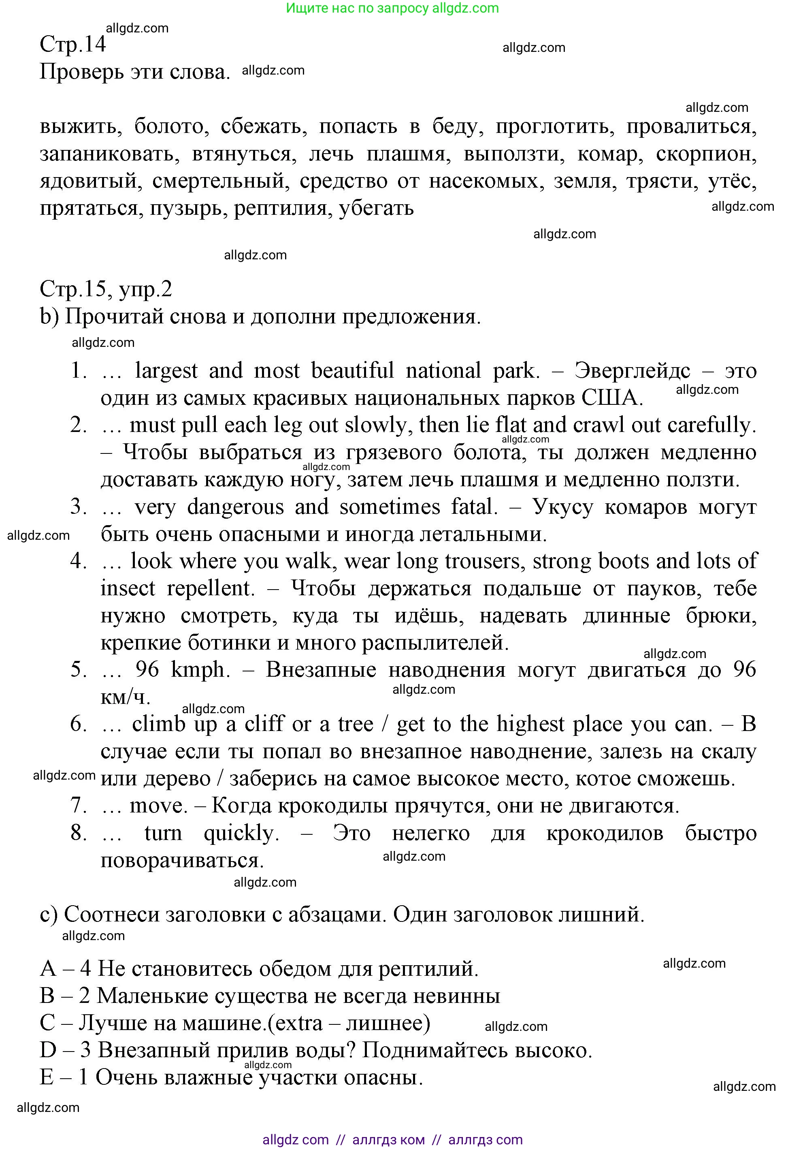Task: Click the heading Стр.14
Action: pyautogui.click(x=73, y=45)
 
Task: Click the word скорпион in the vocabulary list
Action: pyautogui.click(x=706, y=154)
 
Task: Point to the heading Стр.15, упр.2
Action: pyautogui.click(x=106, y=289)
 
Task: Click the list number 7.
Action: pyautogui.click(x=79, y=806)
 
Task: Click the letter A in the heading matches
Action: pyautogui.click(x=48, y=968)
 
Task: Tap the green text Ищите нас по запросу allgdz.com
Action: pyautogui.click(x=392, y=8)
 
